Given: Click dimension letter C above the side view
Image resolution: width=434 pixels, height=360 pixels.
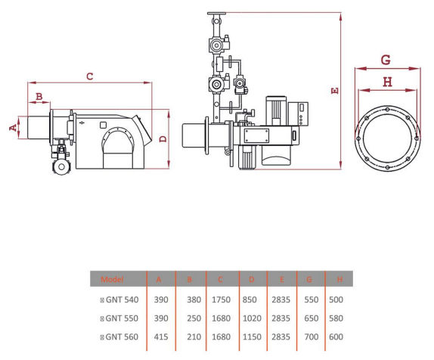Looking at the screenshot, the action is point(90,76).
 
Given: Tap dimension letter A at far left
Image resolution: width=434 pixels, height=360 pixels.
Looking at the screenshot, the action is point(13,128).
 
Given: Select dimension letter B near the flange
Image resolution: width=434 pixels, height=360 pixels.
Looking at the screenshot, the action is point(39,96).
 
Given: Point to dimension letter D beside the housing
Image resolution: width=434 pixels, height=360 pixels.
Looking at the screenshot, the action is point(163,138).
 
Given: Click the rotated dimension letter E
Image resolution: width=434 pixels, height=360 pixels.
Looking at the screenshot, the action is point(335,91).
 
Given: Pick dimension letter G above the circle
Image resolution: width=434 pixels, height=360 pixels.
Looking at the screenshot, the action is point(386,60).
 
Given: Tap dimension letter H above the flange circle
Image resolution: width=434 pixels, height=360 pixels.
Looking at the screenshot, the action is point(387,82).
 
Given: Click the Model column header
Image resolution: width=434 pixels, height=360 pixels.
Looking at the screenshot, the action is point(112,279).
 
